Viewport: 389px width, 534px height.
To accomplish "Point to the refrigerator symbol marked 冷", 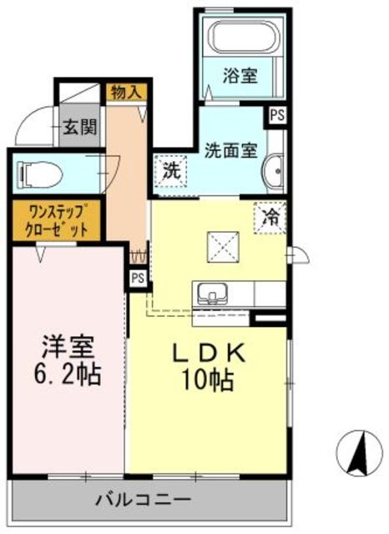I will (270, 219).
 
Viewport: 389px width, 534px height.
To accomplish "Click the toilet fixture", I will (38, 175).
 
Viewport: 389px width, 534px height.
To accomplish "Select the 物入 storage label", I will (126, 92).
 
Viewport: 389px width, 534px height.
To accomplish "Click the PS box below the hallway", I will (138, 277).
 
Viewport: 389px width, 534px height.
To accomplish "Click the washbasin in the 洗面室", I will (274, 172).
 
